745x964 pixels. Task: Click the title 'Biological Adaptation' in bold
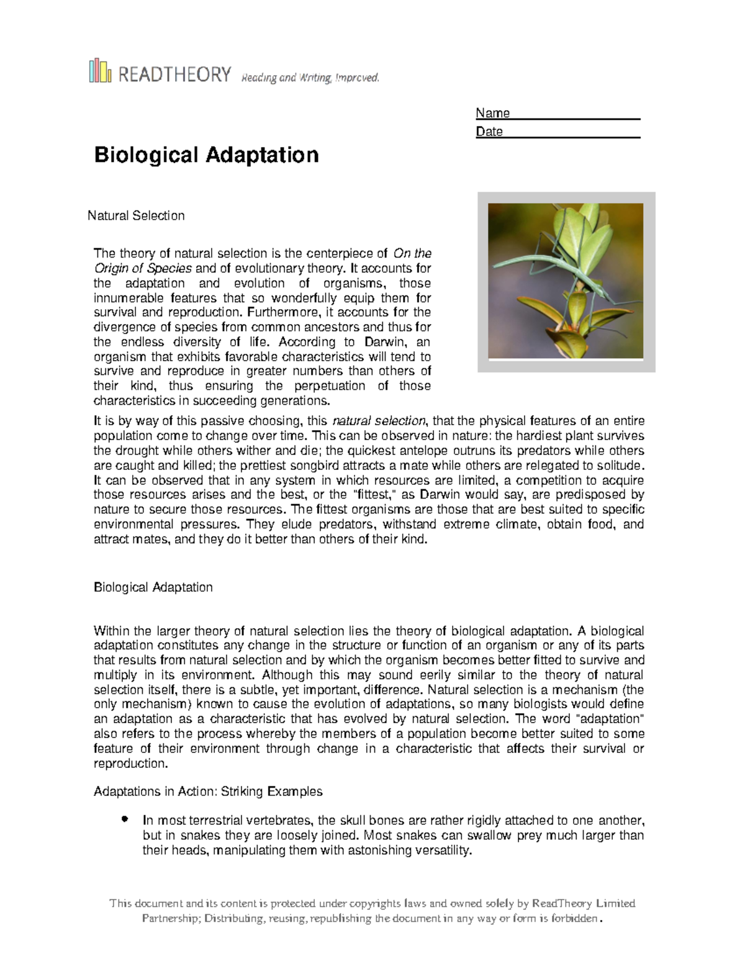pos(206,155)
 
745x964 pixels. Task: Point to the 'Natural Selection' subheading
pos(136,216)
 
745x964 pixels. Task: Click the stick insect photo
pos(566,281)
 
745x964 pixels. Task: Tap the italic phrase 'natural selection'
pos(379,421)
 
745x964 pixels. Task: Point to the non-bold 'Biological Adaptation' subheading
pos(153,587)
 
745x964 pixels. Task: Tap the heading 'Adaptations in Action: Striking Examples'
pos(208,792)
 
